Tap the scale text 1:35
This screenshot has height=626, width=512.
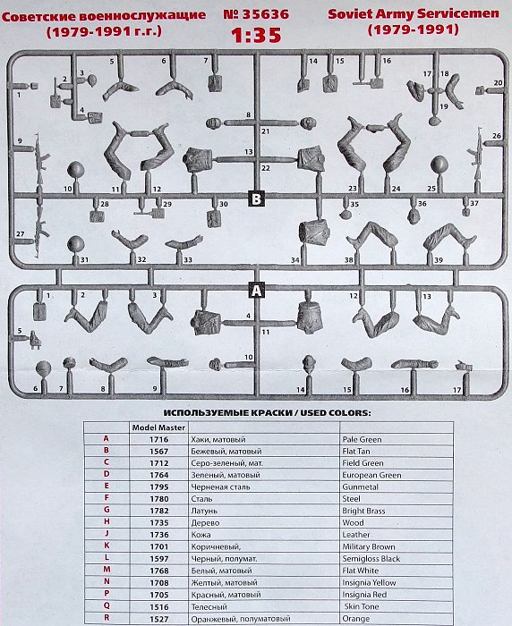coord(256,35)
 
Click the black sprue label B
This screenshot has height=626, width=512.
coord(256,199)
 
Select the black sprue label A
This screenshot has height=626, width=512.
coord(257,290)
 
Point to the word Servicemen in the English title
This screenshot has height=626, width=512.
coord(459,14)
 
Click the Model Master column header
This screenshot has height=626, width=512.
coord(158,427)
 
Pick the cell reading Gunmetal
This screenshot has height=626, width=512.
coord(360,487)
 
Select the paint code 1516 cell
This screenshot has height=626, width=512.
coord(159,607)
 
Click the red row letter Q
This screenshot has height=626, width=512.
coord(107,605)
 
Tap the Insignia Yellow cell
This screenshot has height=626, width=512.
coord(369,583)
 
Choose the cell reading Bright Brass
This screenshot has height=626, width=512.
coord(363,511)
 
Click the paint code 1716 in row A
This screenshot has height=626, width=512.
coord(159,440)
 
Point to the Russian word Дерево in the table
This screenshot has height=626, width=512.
coord(205,523)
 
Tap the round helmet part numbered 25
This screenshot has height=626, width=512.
coord(439,165)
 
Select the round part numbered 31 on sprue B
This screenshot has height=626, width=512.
coord(75,245)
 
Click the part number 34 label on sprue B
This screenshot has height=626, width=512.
coord(295,260)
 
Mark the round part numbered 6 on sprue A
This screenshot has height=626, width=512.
coord(43,368)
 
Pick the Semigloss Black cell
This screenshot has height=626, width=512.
coord(371,559)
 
